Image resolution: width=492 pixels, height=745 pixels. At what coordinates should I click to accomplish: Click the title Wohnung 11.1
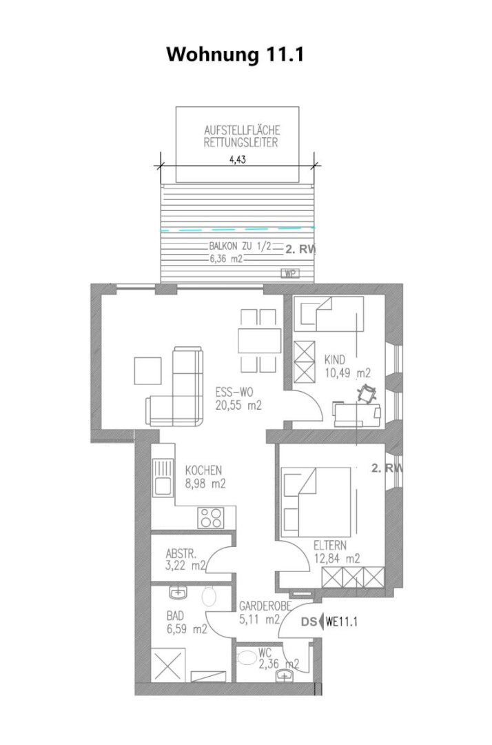tap(235, 54)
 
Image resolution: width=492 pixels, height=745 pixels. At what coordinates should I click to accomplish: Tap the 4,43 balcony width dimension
tap(238, 159)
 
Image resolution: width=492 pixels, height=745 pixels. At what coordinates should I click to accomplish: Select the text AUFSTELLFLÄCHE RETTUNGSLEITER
tap(241, 136)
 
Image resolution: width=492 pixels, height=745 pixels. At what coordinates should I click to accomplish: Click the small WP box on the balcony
tap(289, 273)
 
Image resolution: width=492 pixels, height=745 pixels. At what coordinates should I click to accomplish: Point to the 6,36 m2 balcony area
tap(226, 259)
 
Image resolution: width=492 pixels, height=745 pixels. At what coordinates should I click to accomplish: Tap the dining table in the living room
tap(259, 340)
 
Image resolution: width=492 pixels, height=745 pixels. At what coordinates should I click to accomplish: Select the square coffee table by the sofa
tap(148, 370)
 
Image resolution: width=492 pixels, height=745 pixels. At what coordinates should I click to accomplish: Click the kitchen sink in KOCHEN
tap(162, 477)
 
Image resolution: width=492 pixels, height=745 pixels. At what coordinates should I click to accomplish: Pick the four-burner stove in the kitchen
tap(211, 517)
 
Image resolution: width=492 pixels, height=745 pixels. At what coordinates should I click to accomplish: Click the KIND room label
tap(335, 359)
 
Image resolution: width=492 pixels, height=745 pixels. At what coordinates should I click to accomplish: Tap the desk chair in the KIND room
tap(367, 394)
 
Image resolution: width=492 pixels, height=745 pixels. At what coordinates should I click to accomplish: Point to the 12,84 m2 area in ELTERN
tap(337, 558)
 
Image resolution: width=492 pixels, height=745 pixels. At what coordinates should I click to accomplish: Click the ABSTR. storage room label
tap(181, 554)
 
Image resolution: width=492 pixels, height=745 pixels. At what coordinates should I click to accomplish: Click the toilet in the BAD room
tap(209, 596)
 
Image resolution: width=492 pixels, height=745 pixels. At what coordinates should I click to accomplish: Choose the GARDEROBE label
tap(265, 606)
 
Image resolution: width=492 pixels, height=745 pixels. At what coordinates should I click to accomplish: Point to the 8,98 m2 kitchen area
tap(205, 484)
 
